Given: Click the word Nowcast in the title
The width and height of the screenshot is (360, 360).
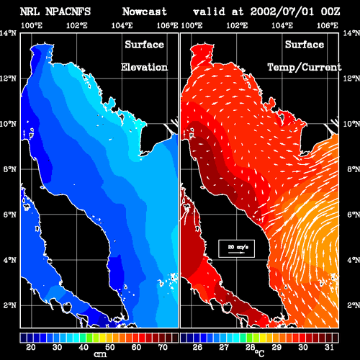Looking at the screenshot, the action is pos(145,12).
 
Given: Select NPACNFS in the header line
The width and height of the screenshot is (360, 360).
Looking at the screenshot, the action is pos(68,12).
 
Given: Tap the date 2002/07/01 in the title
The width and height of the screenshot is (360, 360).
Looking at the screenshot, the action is pos(282,12).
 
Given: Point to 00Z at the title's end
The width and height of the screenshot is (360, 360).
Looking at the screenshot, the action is pos(330,12).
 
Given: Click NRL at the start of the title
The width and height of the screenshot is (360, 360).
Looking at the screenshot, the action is pos(30,12).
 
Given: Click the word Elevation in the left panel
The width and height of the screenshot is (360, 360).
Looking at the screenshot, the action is pos(144,67).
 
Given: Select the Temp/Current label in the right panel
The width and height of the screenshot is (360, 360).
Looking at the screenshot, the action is pos(305,68).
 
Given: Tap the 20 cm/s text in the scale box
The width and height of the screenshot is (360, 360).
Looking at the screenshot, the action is pos(238,247).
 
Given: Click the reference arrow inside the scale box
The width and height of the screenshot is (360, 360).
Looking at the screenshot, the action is pos(236,253).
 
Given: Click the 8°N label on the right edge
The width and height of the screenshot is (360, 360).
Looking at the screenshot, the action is pos(354,169).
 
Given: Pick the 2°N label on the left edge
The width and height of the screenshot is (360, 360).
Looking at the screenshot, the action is pos(10,305).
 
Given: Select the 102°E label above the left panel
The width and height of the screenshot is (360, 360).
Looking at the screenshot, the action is pos(77,25).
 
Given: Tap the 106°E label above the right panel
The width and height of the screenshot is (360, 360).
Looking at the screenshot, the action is pos(328,25).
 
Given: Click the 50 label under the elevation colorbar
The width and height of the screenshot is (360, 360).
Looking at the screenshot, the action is pos(110,347).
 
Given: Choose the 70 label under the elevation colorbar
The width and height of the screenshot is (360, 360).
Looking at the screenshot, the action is pos(163,347).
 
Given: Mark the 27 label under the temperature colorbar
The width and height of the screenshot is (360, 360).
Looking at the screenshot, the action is pos(224,347).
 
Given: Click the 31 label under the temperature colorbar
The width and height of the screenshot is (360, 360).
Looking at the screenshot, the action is pos(329,347).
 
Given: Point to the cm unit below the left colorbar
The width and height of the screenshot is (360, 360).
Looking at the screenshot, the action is pos(100,354).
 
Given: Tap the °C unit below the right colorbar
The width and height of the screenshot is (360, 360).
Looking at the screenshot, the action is pos(259,353).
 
